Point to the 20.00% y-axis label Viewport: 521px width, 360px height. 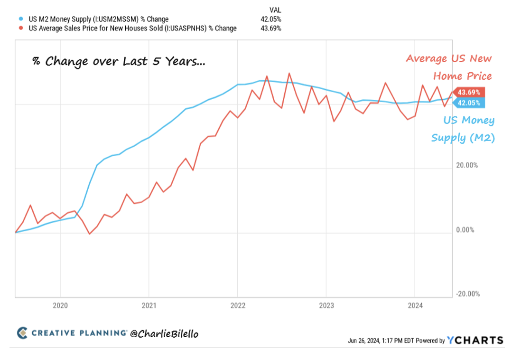(x=467, y=166)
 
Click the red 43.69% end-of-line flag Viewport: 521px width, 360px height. (x=468, y=92)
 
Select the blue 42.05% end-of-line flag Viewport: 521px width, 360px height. (x=468, y=103)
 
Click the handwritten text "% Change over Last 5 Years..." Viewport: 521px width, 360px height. (x=119, y=62)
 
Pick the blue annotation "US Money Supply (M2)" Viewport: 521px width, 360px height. (x=463, y=129)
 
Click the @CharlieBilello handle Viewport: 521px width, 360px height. (x=164, y=334)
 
